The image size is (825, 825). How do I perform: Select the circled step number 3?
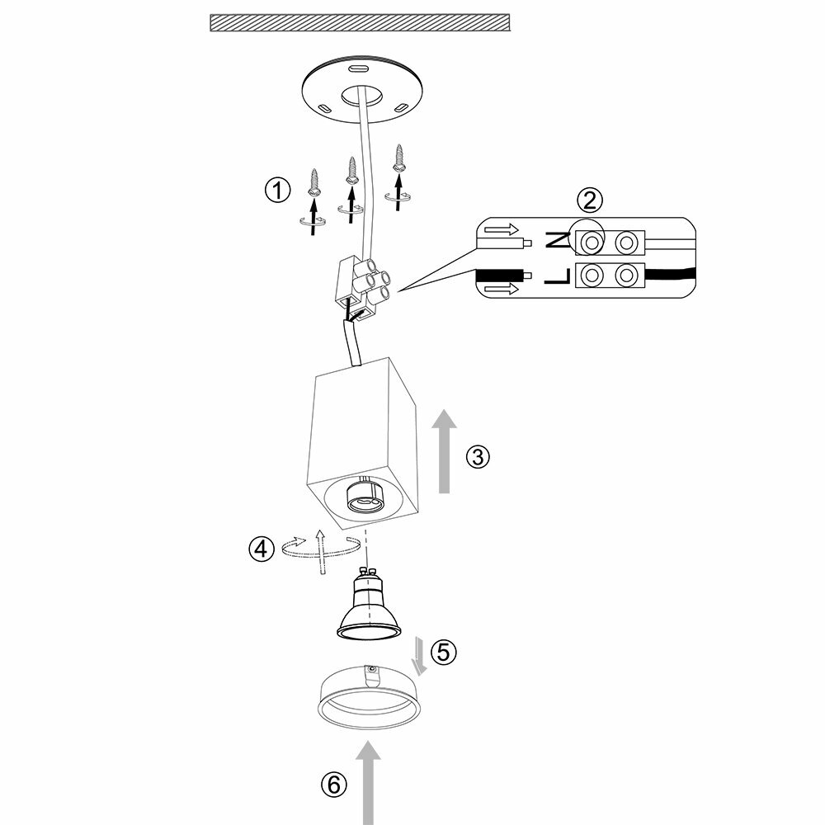[x=478, y=455]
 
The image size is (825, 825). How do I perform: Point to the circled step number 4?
[x=262, y=549]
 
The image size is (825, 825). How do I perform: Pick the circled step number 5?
[x=443, y=652]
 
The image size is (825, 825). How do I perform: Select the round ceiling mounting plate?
[x=361, y=91]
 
